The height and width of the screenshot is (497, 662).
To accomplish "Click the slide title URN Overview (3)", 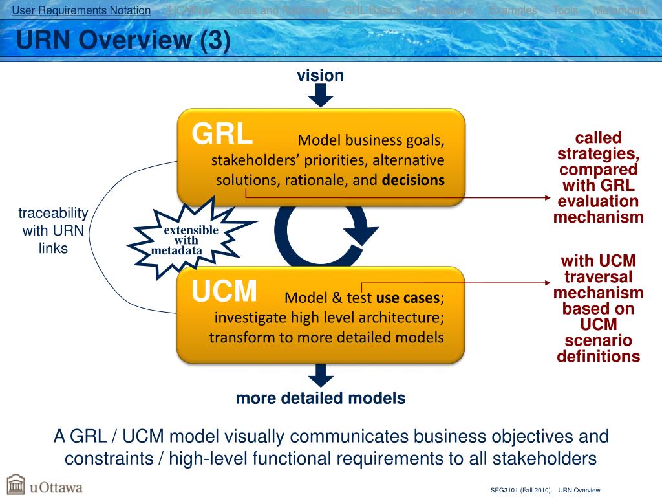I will coord(123,41).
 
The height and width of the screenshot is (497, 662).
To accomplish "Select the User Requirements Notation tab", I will coord(81,10).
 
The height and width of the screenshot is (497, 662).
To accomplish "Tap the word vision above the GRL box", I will coord(320,76).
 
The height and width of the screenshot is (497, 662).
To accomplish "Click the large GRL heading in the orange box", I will coord(222,135).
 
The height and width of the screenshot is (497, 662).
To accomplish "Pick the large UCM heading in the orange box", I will coord(224,291).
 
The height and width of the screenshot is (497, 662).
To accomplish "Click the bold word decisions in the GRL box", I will coord(413,180).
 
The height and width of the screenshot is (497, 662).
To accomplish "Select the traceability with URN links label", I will coord(53,230).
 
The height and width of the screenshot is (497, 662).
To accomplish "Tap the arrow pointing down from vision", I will coord(321,96).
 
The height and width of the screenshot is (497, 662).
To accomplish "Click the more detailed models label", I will coord(321,398).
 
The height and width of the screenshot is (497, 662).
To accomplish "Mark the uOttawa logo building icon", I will coord(16,485).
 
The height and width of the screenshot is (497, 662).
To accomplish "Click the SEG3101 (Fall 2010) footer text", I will coord(521,490).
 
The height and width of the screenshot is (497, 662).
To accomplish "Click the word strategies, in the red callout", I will coord(598,153).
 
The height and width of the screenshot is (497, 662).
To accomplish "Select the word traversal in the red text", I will coord(598,277).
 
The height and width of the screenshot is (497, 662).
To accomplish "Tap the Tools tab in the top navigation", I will coord(565,10).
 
